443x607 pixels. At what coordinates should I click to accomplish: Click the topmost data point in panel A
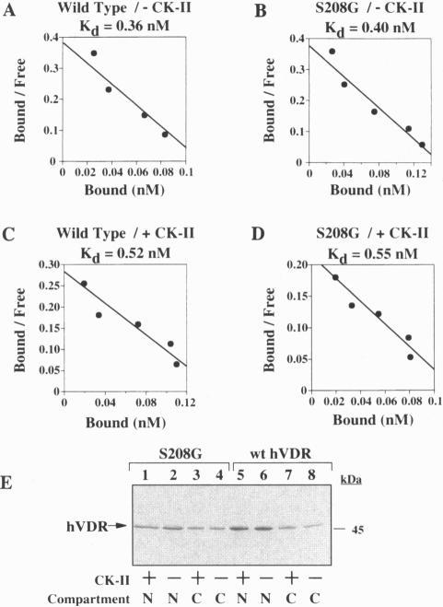[93, 53]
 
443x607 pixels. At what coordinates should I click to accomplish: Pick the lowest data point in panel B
[422, 145]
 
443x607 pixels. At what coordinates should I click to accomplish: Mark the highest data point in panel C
[84, 284]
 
